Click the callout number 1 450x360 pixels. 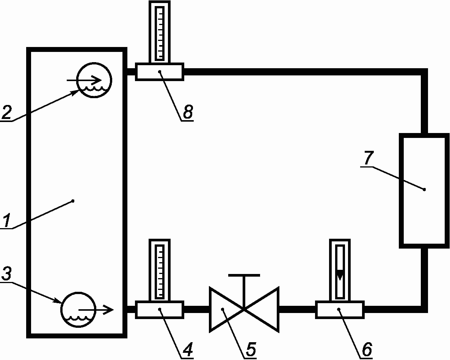(7, 221)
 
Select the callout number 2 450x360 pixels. (7, 113)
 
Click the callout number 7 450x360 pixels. (368, 159)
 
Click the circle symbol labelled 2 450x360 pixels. (94, 80)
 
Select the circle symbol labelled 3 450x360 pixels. (78, 309)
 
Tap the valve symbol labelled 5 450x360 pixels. (244, 309)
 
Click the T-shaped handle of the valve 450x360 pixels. (244, 275)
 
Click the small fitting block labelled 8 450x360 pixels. (160, 72)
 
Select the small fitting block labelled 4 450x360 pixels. (160, 310)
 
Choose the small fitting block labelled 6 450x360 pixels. (340, 310)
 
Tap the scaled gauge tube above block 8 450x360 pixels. (160, 32)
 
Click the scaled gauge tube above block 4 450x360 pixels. (160, 270)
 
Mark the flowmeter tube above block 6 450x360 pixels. (340, 270)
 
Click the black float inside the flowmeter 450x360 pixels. (340, 274)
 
